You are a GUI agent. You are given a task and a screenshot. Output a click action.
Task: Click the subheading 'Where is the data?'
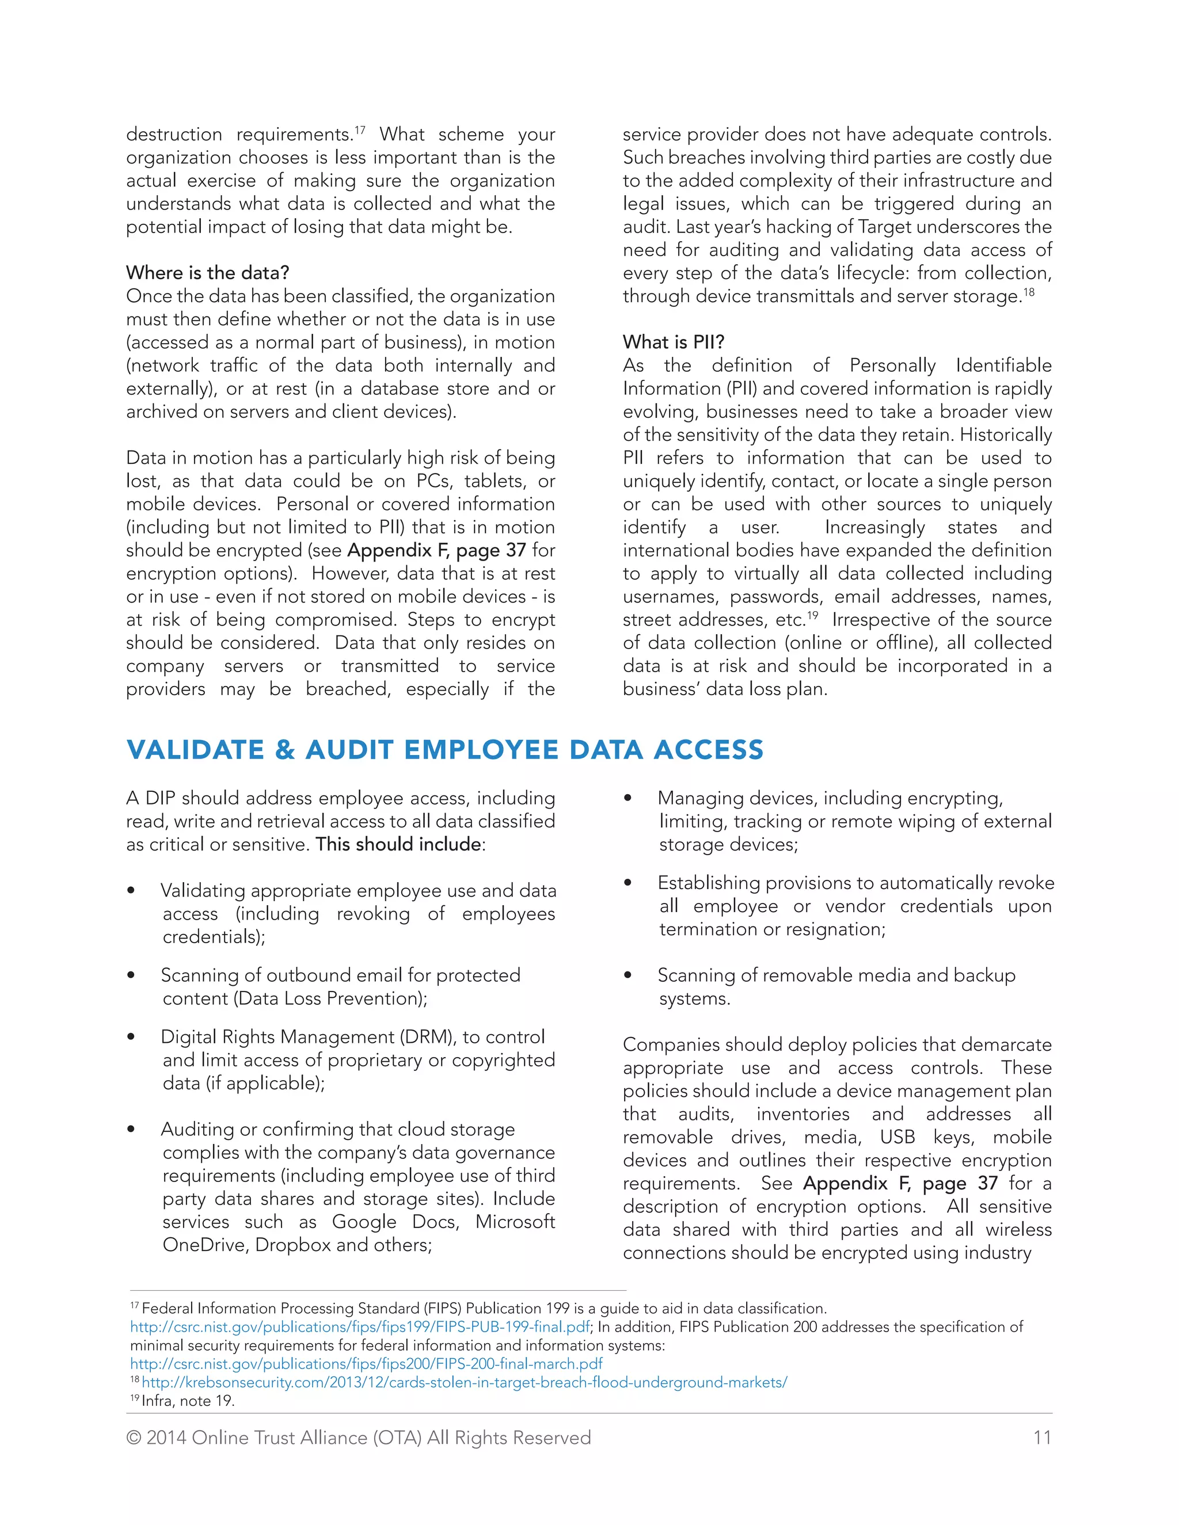(207, 272)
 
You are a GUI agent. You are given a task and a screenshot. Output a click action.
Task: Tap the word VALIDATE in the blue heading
(195, 749)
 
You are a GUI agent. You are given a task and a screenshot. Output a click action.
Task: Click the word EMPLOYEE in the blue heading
(481, 749)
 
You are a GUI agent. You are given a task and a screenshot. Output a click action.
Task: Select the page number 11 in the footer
(1041, 1437)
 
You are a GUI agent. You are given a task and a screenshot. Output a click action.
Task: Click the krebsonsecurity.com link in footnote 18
(464, 1382)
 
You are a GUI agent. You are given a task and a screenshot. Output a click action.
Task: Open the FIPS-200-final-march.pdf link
(366, 1364)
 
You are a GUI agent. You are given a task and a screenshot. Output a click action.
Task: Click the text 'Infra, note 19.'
(188, 1400)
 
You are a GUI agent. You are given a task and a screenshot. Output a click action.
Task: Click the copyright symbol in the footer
(134, 1438)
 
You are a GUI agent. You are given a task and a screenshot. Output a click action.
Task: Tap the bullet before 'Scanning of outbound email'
(131, 975)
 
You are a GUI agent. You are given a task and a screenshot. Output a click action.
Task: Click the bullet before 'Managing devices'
(627, 798)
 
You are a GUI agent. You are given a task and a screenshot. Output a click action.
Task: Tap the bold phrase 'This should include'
(398, 844)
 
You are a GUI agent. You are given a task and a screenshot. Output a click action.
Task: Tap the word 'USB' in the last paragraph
(897, 1137)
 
